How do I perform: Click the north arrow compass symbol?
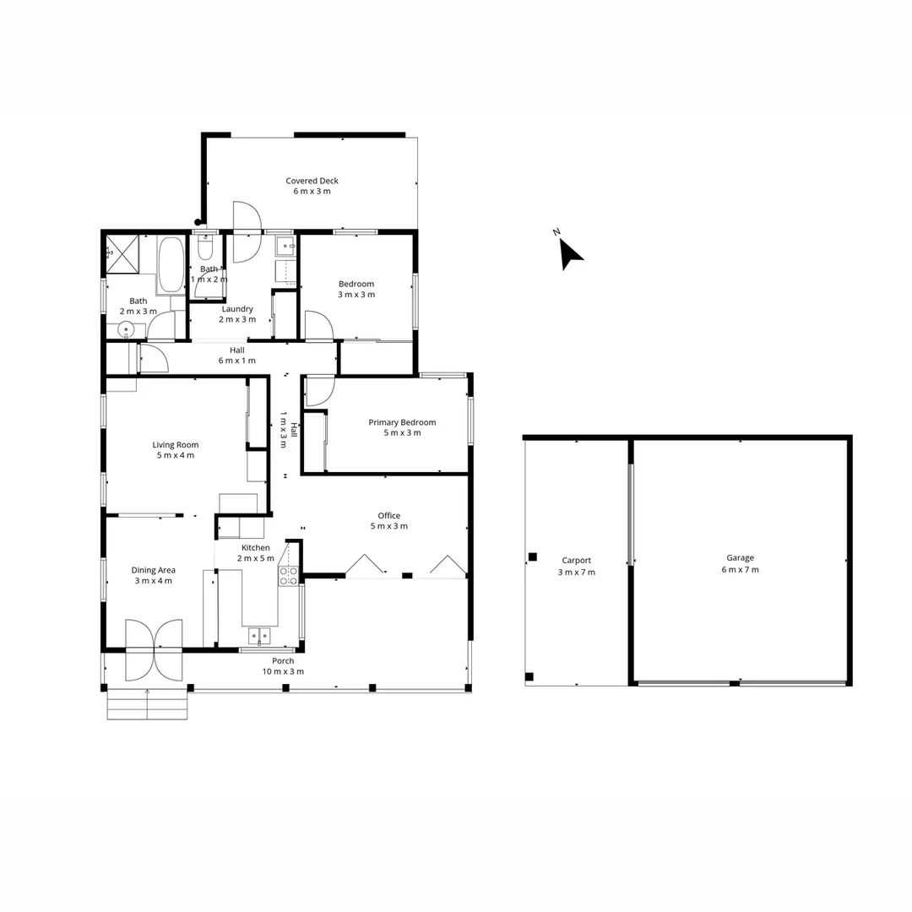click(x=570, y=252)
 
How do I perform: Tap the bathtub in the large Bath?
click(x=171, y=264)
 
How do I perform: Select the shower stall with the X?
click(x=120, y=252)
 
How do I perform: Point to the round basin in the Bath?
click(x=126, y=329)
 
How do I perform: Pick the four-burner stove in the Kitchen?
click(x=288, y=576)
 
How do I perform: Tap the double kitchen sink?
click(x=259, y=635)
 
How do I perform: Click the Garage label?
click(x=741, y=557)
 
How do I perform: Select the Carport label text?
click(x=576, y=560)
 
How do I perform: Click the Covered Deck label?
click(x=312, y=181)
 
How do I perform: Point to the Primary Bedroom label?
click(x=402, y=422)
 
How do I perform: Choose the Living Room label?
click(x=175, y=445)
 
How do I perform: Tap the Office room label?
click(x=388, y=515)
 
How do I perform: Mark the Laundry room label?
click(x=236, y=309)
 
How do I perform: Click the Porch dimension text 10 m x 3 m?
click(x=282, y=671)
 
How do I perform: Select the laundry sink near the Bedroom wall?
click(x=285, y=247)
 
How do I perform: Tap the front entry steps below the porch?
click(x=148, y=704)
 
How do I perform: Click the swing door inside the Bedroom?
click(x=318, y=325)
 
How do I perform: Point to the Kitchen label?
click(x=255, y=548)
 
